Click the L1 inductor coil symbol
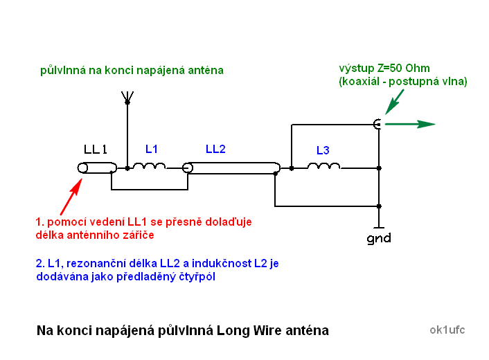(150, 166)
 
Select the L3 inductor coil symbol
(323, 166)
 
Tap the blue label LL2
(215, 149)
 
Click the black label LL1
(95, 150)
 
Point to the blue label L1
(152, 149)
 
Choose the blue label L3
(323, 150)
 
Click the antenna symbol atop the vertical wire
(127, 97)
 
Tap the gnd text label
(379, 239)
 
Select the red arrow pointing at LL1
(71, 197)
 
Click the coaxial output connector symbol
(377, 124)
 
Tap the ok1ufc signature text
(447, 330)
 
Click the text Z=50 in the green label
(391, 69)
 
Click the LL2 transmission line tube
(231, 168)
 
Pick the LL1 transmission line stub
(95, 168)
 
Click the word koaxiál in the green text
(362, 81)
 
